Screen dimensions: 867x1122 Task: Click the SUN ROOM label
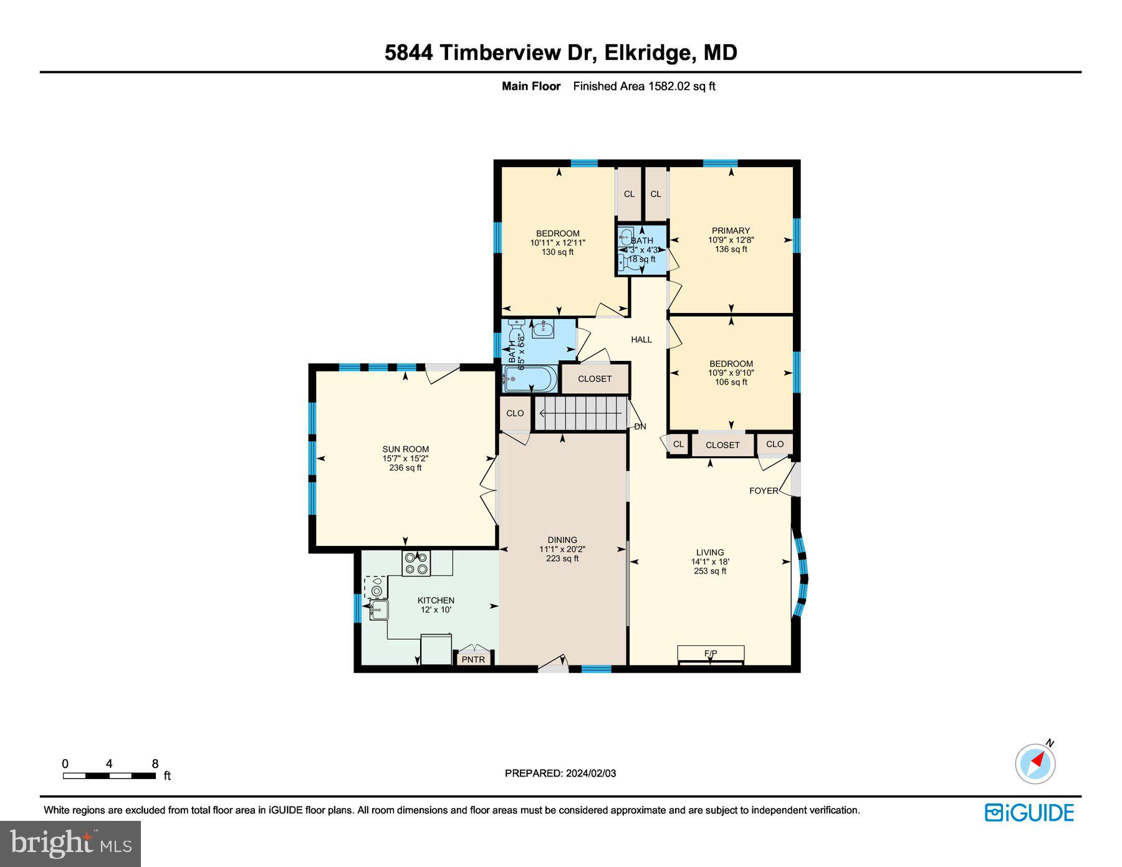(405, 449)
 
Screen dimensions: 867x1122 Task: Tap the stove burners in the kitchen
(416, 563)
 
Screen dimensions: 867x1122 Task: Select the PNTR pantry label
(473, 659)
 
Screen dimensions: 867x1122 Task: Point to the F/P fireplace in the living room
(711, 654)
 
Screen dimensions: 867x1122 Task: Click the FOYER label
(764, 491)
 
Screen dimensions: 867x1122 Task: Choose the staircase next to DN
(581, 413)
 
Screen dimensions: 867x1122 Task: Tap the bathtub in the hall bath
(530, 378)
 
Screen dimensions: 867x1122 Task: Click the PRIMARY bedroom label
(731, 231)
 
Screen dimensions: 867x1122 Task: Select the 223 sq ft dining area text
(562, 558)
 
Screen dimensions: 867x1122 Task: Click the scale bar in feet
(109, 775)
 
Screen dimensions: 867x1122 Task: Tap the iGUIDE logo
(1029, 813)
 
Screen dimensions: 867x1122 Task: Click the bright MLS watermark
(70, 844)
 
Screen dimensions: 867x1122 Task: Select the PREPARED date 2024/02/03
(560, 773)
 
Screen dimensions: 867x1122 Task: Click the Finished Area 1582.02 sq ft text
(644, 87)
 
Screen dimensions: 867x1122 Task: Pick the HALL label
(641, 340)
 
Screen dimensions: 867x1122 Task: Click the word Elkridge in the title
(651, 52)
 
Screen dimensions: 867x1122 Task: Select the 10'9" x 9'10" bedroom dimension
(731, 373)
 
